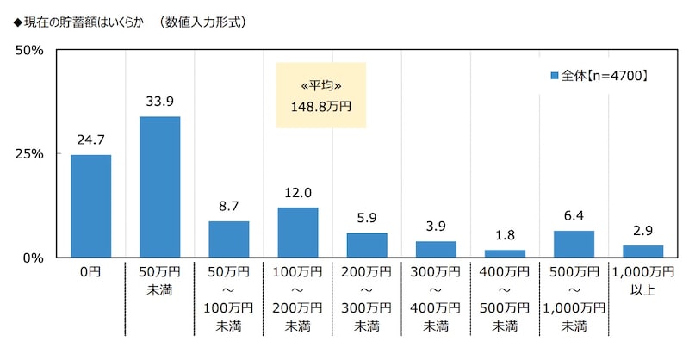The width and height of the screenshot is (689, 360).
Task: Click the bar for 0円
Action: click(90, 206)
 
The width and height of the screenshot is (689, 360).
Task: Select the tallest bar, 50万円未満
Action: click(159, 187)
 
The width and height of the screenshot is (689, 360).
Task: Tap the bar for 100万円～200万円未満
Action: click(298, 233)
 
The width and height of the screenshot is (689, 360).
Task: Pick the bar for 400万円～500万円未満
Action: click(505, 253)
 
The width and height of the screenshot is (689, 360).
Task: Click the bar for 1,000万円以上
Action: click(642, 251)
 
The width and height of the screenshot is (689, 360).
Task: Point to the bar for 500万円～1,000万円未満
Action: click(574, 244)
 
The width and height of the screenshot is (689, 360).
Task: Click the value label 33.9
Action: click(159, 102)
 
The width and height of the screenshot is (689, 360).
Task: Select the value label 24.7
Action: click(90, 140)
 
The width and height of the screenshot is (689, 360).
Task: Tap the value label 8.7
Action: click(228, 207)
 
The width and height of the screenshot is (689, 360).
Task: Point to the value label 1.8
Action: click(505, 235)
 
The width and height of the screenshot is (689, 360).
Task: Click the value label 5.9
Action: click(367, 218)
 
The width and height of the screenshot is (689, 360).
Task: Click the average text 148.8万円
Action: click(320, 107)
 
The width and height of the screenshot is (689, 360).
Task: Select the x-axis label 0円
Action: click(90, 272)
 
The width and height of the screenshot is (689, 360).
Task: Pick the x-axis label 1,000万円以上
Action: click(642, 281)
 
